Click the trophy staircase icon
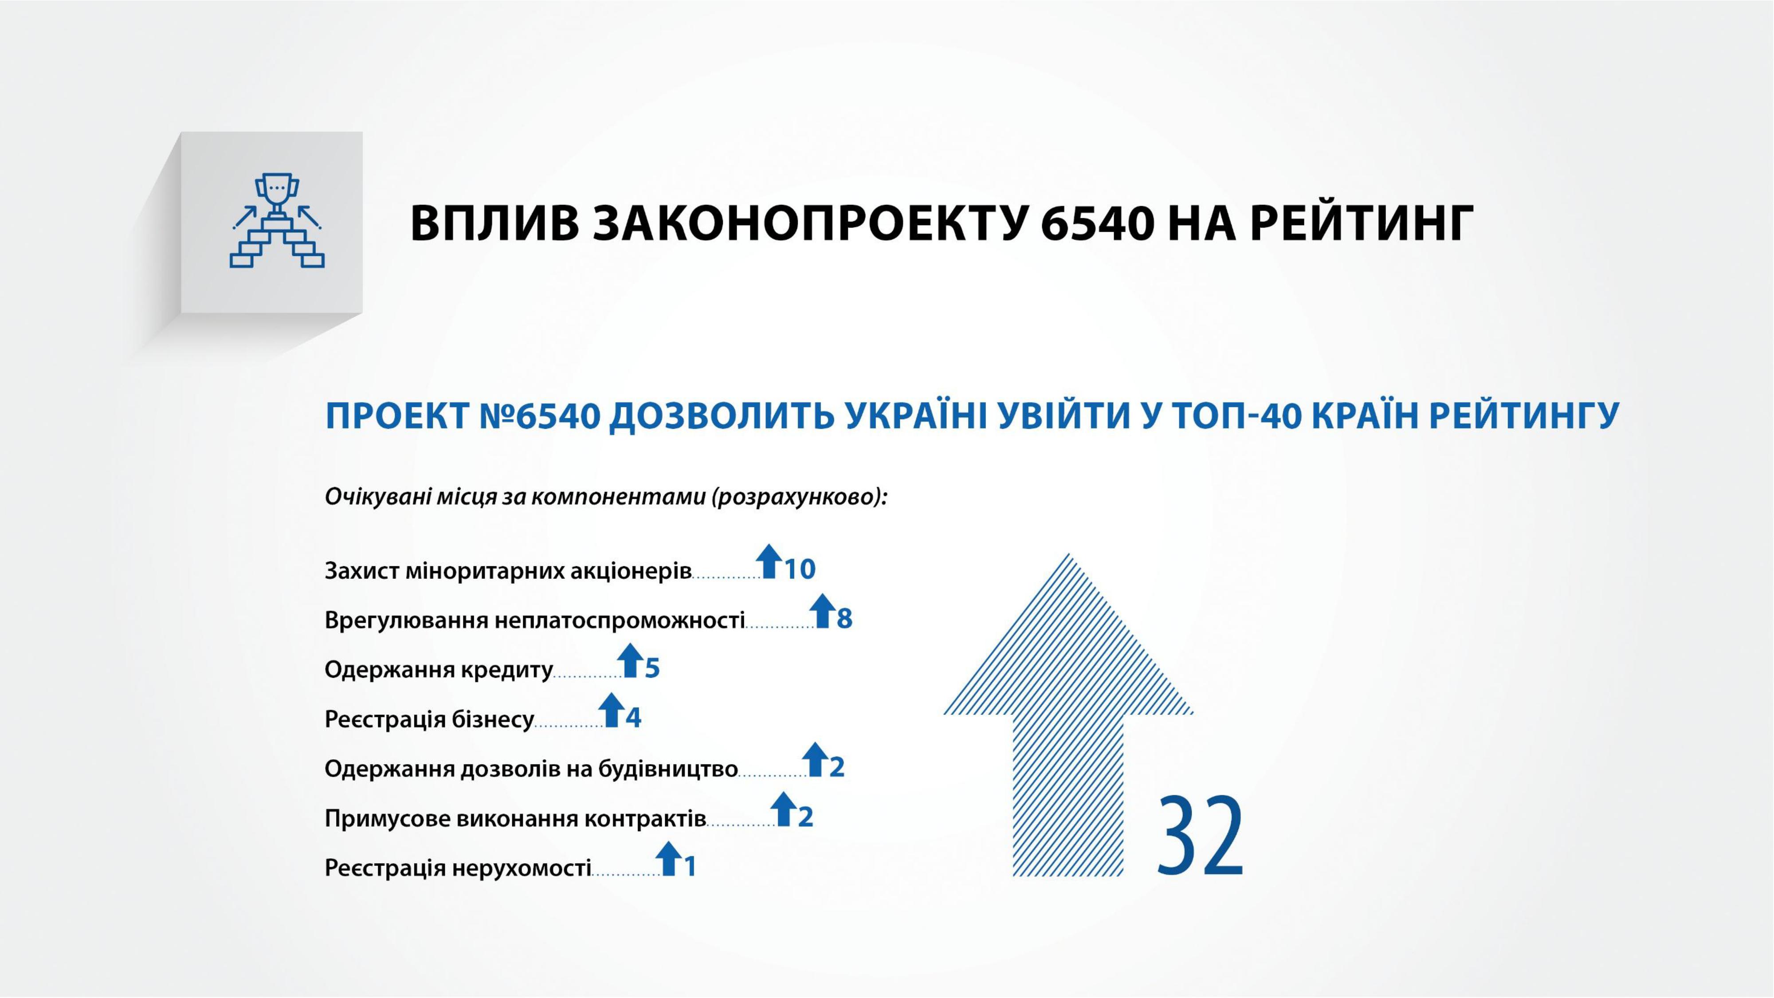[x=277, y=220]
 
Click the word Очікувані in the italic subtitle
[x=378, y=497]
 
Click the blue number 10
[x=800, y=569]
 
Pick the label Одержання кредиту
[x=439, y=669]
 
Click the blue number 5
[x=652, y=668]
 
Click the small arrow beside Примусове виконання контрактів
[x=784, y=809]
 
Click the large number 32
[x=1201, y=836]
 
